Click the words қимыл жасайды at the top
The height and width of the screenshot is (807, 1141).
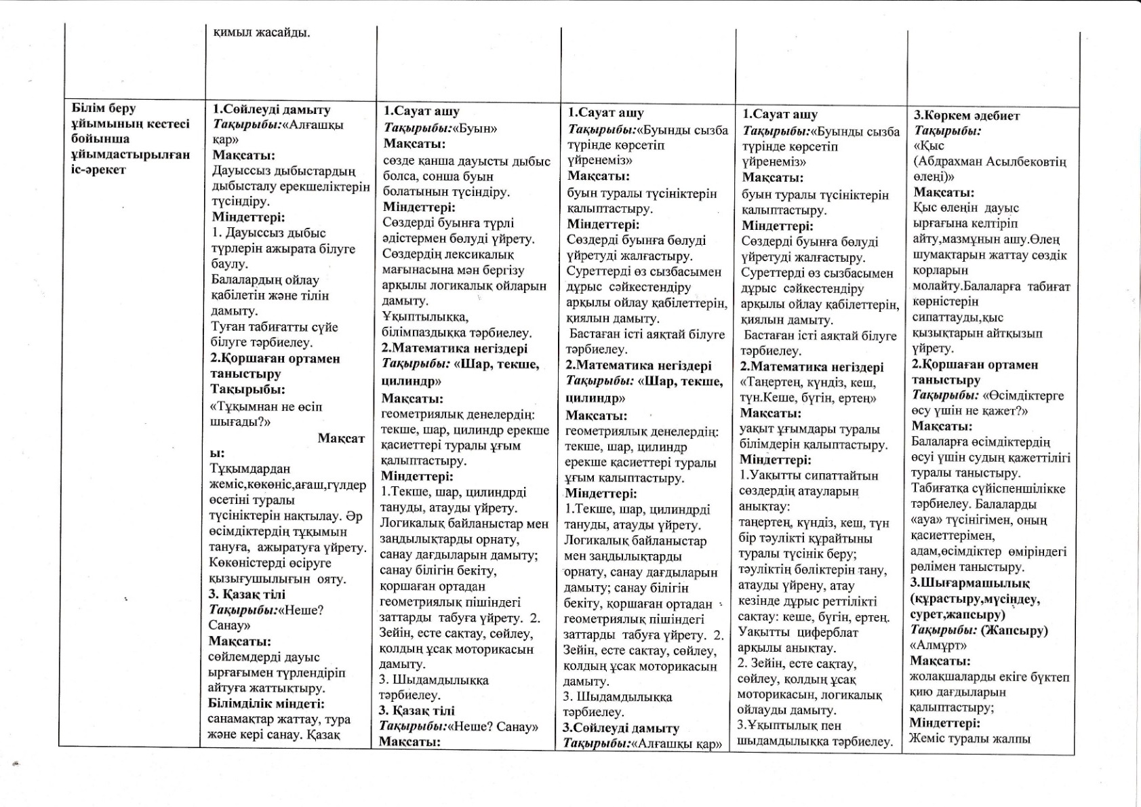click(262, 33)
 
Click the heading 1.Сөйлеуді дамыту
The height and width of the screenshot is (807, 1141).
click(271, 109)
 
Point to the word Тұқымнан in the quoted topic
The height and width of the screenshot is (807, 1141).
click(242, 407)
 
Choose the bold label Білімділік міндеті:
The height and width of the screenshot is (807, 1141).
click(266, 704)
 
